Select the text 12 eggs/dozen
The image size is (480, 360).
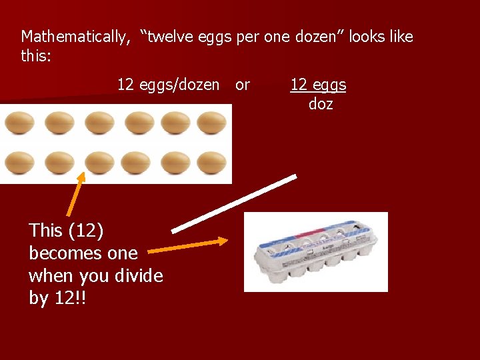coord(168,85)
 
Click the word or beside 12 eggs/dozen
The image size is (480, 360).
coord(243,85)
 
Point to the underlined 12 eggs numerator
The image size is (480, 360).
coord(318,85)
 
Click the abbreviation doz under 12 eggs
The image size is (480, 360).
coord(321,105)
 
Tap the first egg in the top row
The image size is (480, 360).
coord(19,123)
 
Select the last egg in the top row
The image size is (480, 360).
coord(212,123)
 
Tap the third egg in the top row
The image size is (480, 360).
coord(99,123)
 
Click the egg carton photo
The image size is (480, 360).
coord(315,252)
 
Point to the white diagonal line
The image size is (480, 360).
coord(233,204)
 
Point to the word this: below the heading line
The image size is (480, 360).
coord(36,56)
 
